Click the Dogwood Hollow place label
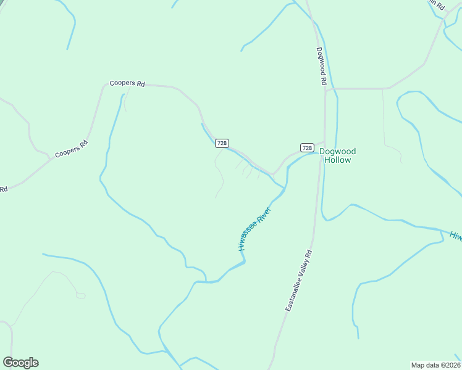pos(337,155)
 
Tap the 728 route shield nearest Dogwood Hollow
pos(306,147)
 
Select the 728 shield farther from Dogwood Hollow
pos(222,143)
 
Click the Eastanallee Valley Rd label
pos(300,280)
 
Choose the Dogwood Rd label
pos(321,66)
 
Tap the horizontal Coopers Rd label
pos(127,83)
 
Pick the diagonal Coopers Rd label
pos(72,149)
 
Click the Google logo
pos(20,363)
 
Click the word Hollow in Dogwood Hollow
pos(337,160)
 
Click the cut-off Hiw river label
pos(456,236)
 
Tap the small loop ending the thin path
pos(81,295)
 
